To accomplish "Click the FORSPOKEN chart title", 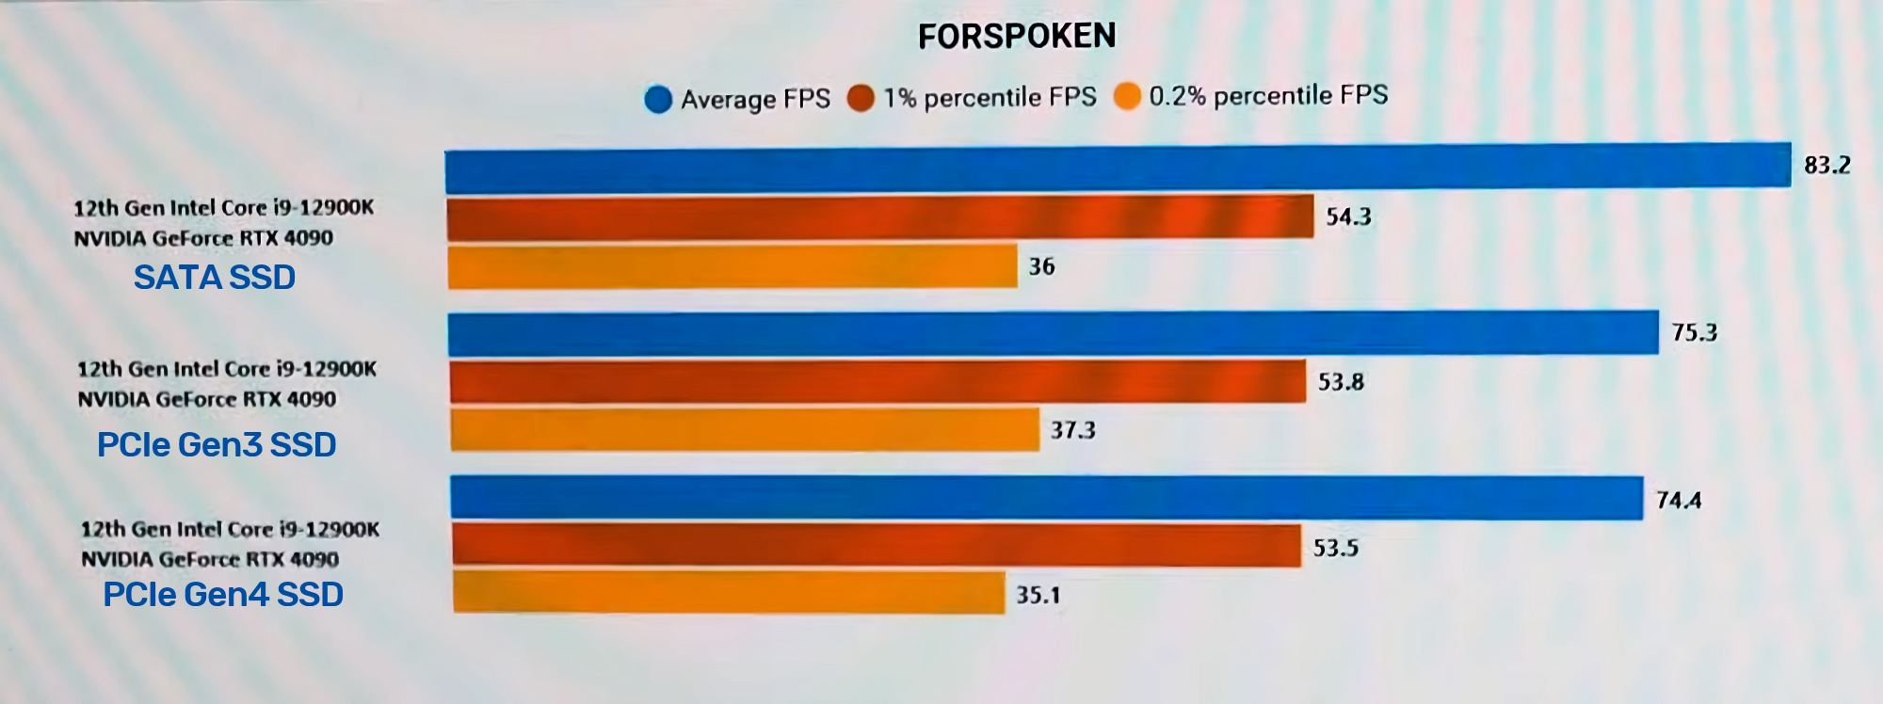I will click(x=1017, y=37).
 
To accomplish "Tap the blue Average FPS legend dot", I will click(x=658, y=99).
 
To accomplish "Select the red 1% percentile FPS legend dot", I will click(x=861, y=98).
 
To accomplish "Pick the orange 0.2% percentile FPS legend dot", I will click(x=1127, y=96).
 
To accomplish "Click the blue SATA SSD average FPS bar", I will click(x=1118, y=167).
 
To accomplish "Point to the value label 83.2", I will click(x=1827, y=166).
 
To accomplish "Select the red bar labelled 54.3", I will click(x=879, y=217).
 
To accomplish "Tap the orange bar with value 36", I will click(x=732, y=266).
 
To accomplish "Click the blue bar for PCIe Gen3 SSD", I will click(x=1053, y=334).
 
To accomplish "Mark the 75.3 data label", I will click(x=1694, y=332).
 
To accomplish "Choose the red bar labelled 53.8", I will click(x=877, y=381).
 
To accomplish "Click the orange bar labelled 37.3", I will click(x=745, y=429).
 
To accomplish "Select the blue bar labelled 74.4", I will click(x=1047, y=498).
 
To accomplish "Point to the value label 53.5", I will click(x=1335, y=548).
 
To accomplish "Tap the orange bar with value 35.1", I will click(x=729, y=593).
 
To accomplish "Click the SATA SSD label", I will click(x=215, y=278).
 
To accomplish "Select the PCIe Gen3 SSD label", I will click(x=217, y=444).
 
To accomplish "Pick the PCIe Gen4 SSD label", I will click(x=223, y=595).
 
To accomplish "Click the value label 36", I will click(x=1041, y=266).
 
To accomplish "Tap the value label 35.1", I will click(x=1038, y=595).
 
